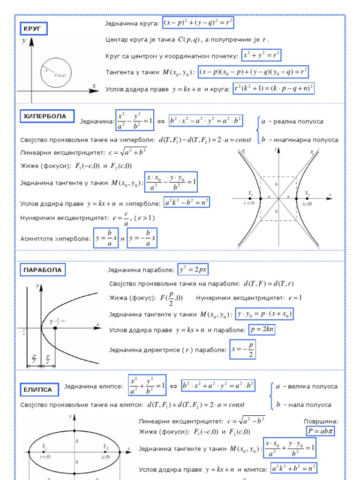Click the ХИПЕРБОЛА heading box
pos(45,116)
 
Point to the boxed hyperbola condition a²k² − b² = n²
pos(187,202)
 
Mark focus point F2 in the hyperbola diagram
pos(296,198)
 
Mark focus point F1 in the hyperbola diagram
pos(250,198)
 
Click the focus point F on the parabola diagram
pos(55,328)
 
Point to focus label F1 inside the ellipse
pos(45,446)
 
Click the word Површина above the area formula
pos(321,421)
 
